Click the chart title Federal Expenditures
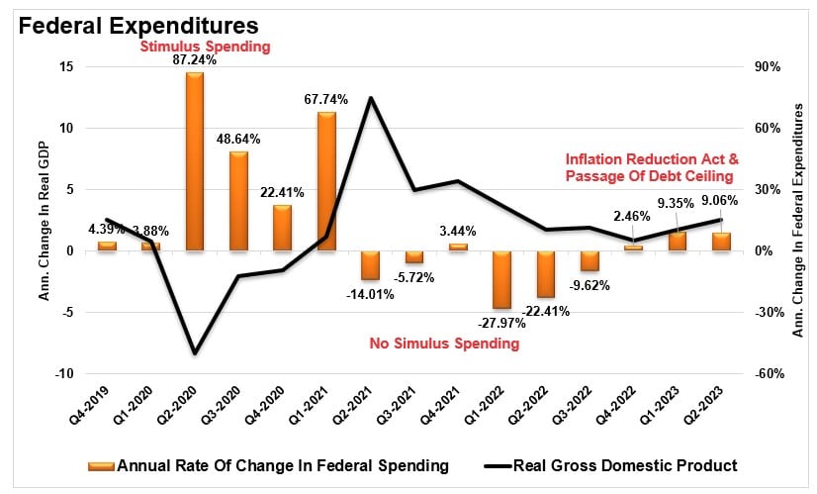[x=138, y=24]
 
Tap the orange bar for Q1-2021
[x=325, y=181]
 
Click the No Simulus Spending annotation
[x=444, y=345]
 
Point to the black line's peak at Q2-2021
[x=370, y=98]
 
